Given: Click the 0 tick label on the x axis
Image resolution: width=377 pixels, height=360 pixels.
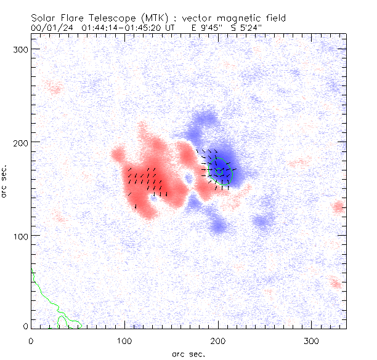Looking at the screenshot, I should pyautogui.click(x=31, y=340).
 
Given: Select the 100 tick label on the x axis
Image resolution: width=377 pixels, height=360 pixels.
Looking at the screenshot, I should pyautogui.click(x=124, y=340).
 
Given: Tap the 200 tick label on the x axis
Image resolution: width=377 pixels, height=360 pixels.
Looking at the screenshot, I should pyautogui.click(x=218, y=340).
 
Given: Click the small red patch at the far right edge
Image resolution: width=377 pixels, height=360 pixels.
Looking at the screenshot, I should pyautogui.click(x=338, y=207).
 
